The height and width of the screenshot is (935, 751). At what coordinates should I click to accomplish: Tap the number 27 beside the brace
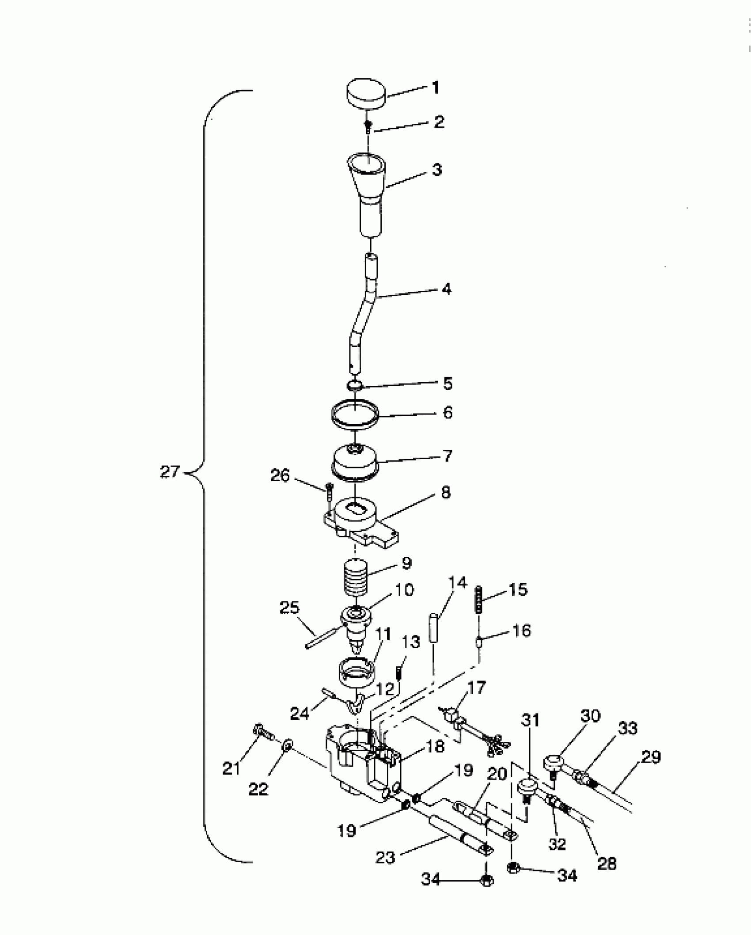click(x=170, y=472)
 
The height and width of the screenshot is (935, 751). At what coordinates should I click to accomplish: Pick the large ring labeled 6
click(x=356, y=416)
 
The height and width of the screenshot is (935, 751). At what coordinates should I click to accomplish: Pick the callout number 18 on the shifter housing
click(x=435, y=746)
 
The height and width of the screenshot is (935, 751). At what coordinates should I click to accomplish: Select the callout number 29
click(x=651, y=757)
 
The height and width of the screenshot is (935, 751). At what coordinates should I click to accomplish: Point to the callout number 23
click(x=385, y=858)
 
